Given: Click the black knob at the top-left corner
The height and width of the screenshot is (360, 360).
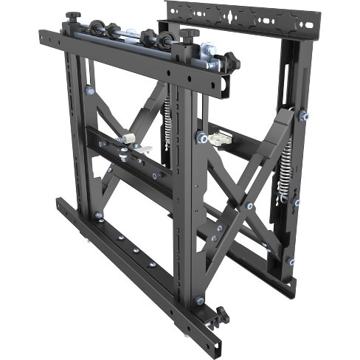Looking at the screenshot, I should tap(72, 15).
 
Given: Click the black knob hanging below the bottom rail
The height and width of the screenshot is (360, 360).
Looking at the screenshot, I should tap(219, 317).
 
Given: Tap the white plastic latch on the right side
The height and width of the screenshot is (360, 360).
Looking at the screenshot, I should tap(219, 138).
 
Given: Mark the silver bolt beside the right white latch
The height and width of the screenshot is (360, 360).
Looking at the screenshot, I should tap(200, 138).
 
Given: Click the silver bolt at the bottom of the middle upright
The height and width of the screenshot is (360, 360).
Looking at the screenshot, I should tap(200, 300).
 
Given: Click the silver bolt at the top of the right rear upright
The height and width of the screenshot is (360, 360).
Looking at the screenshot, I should tap(302, 115).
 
